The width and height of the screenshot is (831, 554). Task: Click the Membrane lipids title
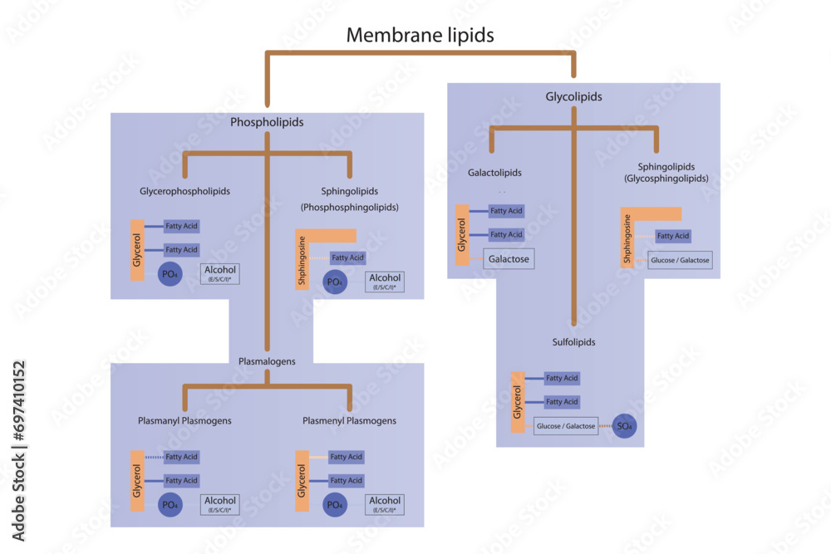(420, 35)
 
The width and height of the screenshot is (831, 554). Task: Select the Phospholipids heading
(267, 122)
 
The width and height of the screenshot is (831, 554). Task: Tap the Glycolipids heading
(573, 96)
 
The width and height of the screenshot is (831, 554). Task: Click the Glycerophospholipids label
(184, 191)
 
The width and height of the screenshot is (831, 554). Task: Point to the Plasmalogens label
(267, 361)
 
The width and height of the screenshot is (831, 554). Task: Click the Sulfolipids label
(573, 341)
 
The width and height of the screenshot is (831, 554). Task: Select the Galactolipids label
(495, 173)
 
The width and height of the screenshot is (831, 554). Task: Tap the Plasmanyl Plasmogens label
(184, 420)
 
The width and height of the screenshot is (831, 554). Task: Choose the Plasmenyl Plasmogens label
(349, 420)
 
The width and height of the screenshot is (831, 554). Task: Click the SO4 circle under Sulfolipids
(624, 426)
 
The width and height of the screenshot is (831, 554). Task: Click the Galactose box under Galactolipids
(508, 259)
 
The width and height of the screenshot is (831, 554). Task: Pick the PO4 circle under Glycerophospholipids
(170, 273)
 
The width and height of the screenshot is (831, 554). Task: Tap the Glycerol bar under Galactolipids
(461, 235)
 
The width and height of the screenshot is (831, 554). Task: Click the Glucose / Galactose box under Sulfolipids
(566, 426)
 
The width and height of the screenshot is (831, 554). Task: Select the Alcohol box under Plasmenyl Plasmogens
(385, 504)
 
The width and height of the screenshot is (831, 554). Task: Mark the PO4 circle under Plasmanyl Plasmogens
(170, 504)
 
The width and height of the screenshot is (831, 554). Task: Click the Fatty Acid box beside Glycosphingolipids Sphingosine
(672, 236)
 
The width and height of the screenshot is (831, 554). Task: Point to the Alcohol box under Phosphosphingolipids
(385, 282)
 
